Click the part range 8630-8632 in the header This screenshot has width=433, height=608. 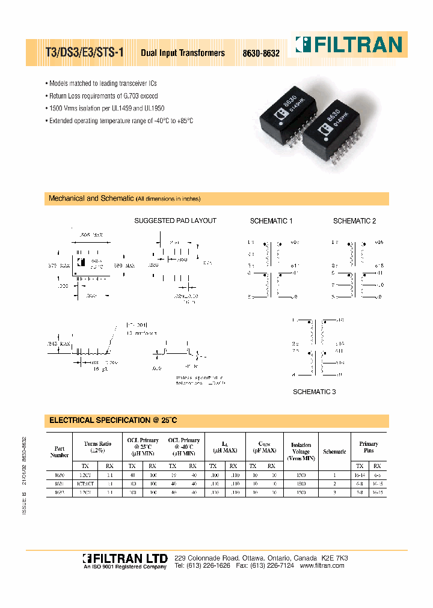[261, 53]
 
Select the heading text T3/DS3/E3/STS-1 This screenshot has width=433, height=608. [85, 52]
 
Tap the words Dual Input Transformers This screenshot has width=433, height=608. [183, 53]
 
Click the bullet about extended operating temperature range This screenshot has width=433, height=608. [120, 121]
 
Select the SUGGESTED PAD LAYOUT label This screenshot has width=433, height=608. [175, 221]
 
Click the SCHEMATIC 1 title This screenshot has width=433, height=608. [271, 221]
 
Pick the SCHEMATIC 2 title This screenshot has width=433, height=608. [354, 221]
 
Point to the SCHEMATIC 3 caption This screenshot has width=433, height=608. [314, 392]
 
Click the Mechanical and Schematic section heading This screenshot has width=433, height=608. [91, 198]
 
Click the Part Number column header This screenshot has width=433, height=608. [59, 451]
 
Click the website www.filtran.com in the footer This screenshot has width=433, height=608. [323, 566]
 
